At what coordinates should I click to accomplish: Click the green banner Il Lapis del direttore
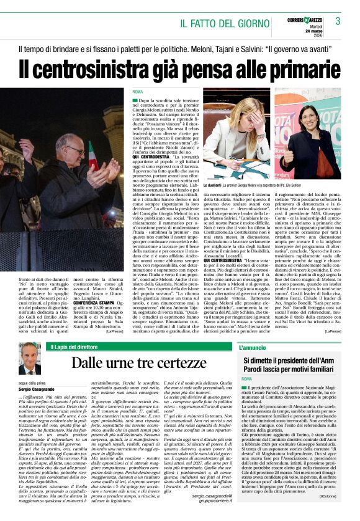pos(81,346)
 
